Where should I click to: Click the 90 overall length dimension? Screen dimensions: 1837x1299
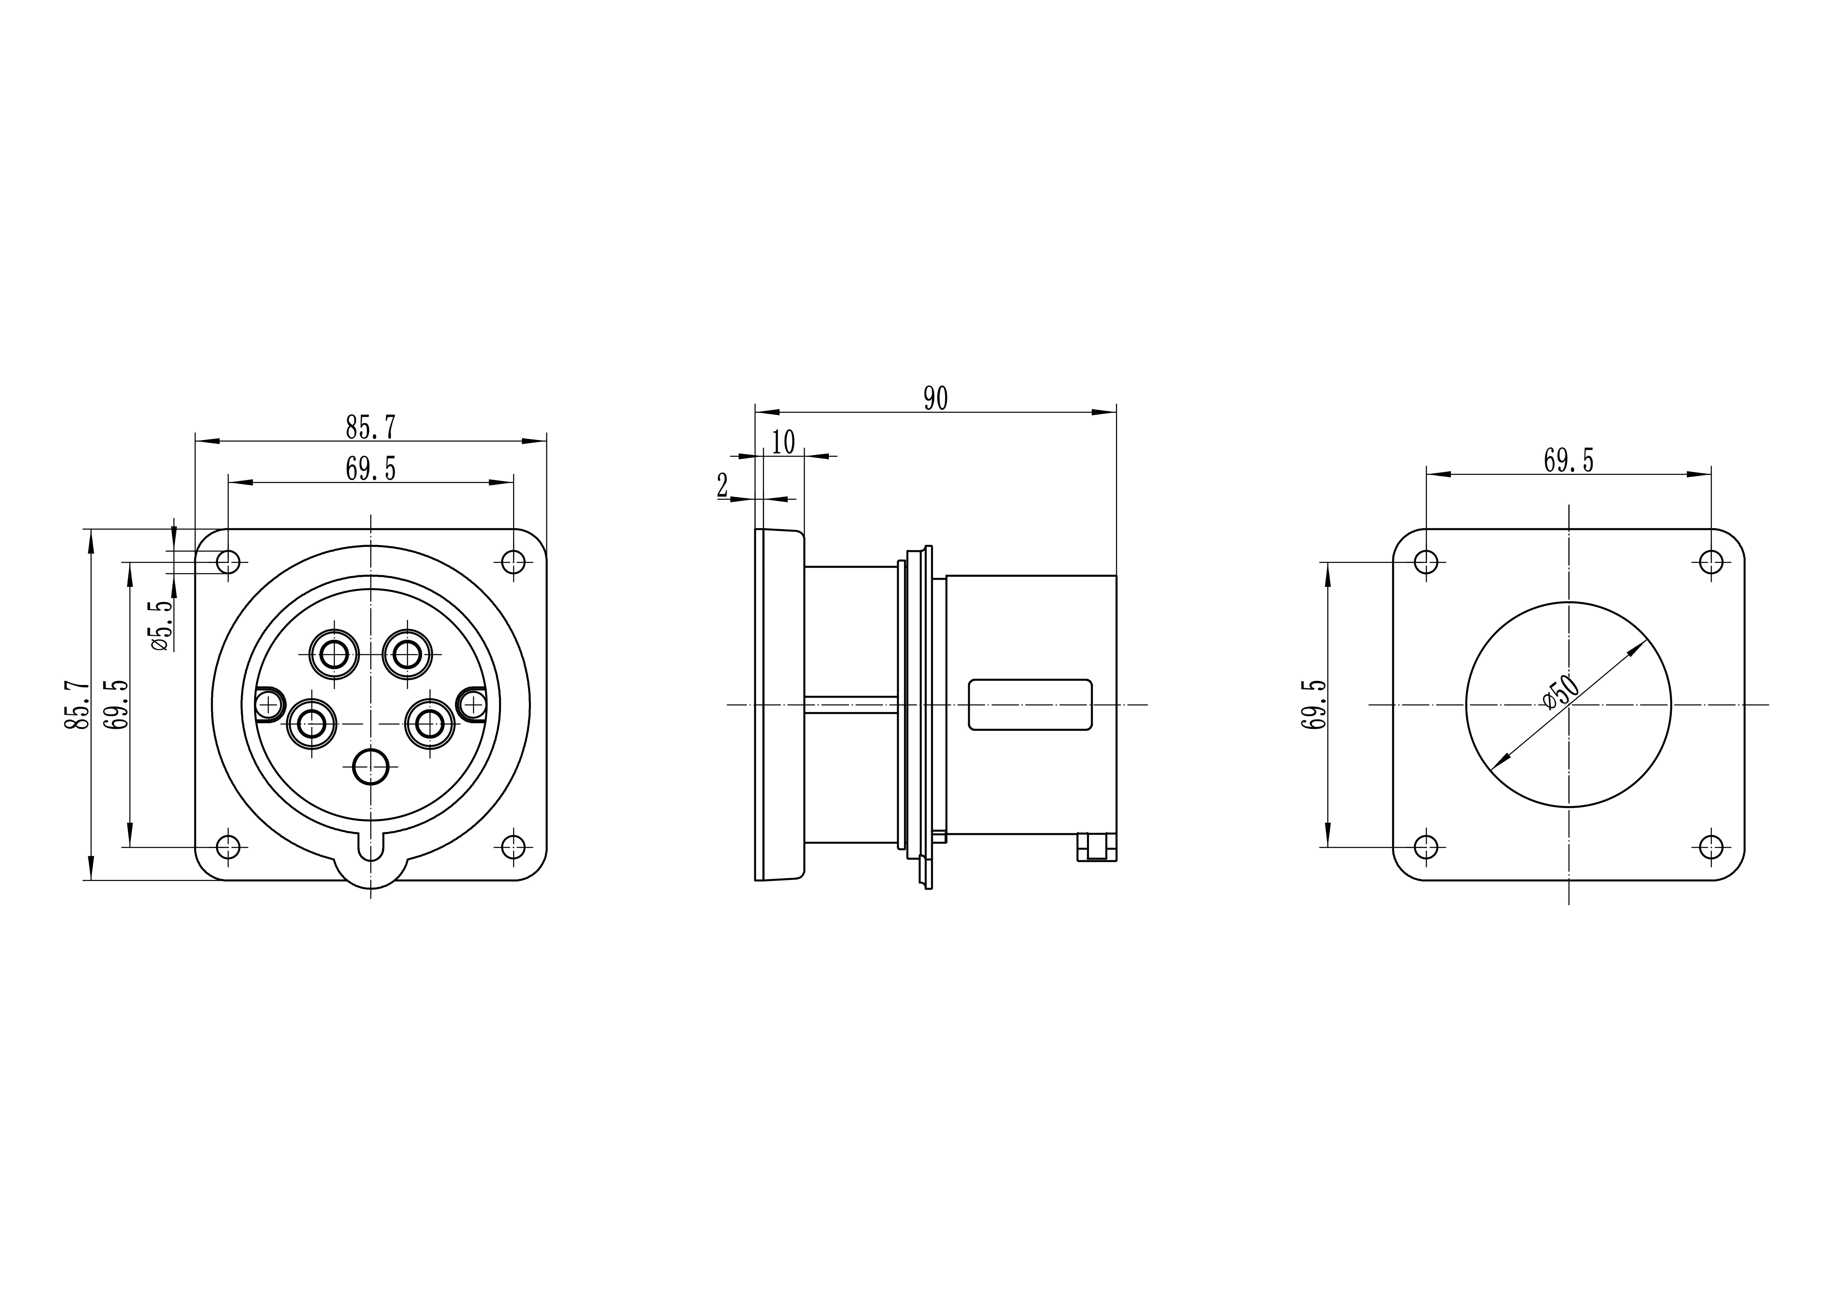(x=935, y=398)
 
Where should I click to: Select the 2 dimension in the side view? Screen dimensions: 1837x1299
(x=722, y=485)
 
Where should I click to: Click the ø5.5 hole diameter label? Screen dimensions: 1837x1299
(x=161, y=625)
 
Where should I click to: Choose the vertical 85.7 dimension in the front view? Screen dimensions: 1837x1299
(x=77, y=705)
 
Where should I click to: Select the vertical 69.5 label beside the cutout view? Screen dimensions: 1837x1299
(x=1314, y=705)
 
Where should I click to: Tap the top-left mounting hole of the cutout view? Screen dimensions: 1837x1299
(x=1426, y=562)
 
